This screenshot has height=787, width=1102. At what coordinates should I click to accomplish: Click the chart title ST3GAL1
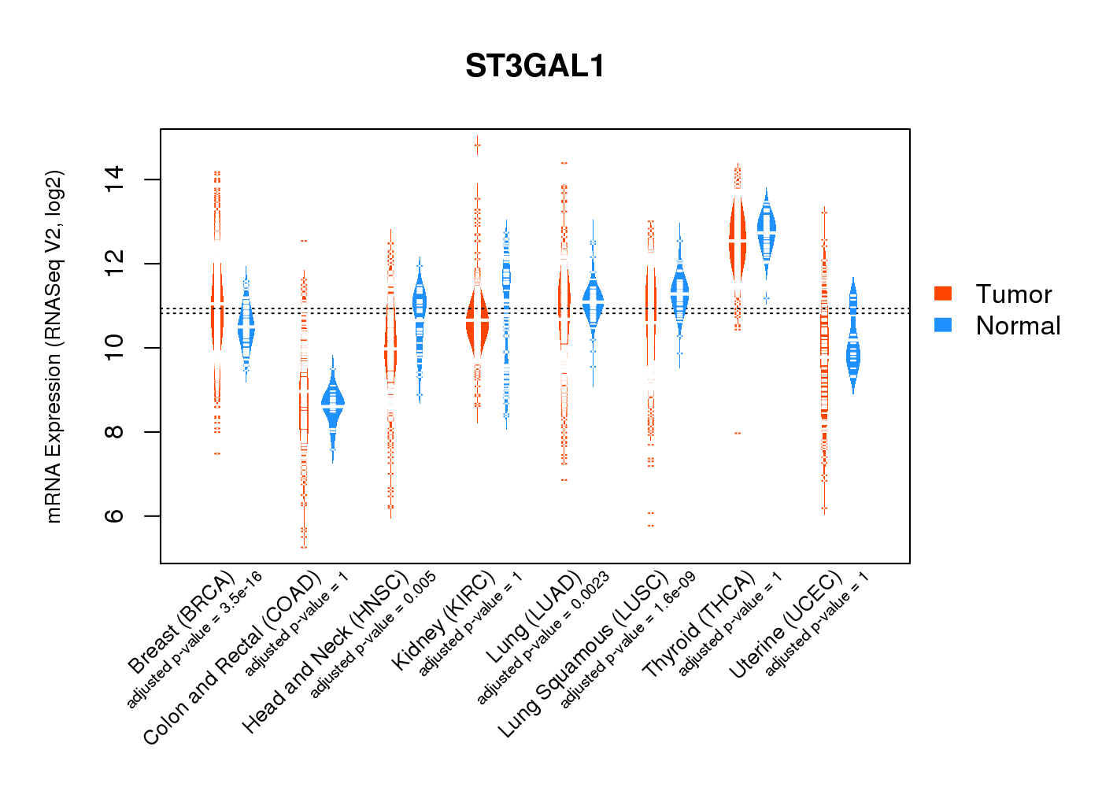[x=535, y=66]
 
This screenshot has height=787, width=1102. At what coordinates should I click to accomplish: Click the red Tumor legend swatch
[x=943, y=294]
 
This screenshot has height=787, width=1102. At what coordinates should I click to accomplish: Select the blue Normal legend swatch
[x=943, y=325]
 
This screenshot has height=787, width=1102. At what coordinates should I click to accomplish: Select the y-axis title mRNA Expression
[x=54, y=346]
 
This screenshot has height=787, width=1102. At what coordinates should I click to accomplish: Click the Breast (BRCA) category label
[x=181, y=622]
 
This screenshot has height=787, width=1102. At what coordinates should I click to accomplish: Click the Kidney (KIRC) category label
[x=443, y=622]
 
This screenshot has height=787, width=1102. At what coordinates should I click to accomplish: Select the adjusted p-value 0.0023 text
[x=543, y=638]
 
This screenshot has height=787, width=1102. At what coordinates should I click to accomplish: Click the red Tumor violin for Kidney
[x=477, y=323]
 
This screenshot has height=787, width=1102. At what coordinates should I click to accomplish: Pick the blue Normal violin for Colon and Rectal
[x=333, y=405]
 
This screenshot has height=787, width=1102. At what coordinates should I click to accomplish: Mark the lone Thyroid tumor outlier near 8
[x=738, y=433]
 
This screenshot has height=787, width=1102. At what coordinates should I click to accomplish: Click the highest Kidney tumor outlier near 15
[x=477, y=145]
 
